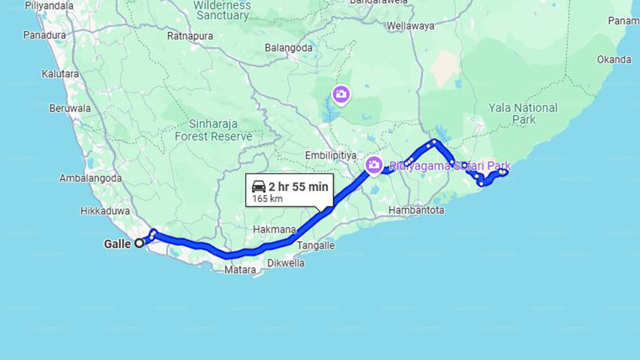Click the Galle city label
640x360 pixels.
click(117, 244)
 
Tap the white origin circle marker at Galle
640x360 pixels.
click(139, 243)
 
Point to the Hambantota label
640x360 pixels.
click(416, 210)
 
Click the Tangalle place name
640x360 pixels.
click(315, 245)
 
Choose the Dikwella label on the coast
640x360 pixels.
click(285, 262)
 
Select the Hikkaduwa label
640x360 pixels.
click(105, 211)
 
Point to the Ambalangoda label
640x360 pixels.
click(90, 178)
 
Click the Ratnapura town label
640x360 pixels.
click(190, 36)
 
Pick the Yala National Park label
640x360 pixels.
click(523, 113)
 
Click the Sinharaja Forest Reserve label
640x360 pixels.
click(213, 130)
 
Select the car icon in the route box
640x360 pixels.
click(258, 186)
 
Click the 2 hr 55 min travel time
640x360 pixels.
click(298, 187)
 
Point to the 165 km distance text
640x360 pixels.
click(267, 198)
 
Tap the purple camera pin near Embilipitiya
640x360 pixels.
click(373, 164)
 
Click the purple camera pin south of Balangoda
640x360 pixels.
click(341, 93)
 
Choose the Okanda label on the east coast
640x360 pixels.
click(614, 59)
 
